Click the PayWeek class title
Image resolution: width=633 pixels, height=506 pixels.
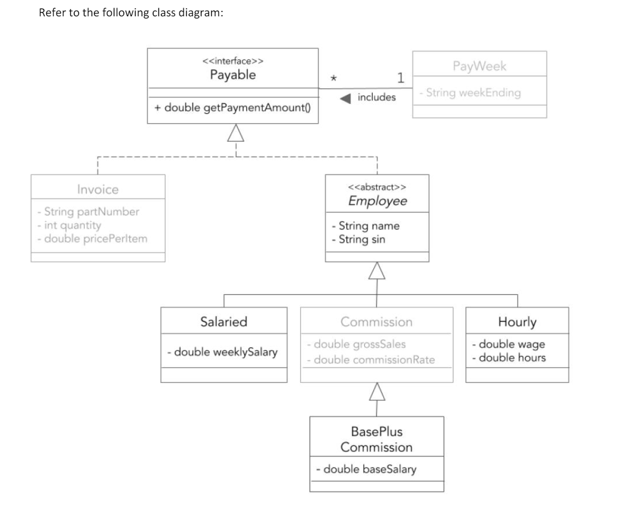(x=479, y=67)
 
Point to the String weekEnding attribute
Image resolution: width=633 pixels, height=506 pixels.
(x=470, y=93)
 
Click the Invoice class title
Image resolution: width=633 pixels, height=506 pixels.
(x=98, y=190)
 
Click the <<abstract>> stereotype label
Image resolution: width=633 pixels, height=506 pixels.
(x=377, y=187)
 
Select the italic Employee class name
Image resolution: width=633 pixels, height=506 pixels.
(x=377, y=200)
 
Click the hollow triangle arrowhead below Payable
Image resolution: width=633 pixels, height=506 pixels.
(x=236, y=132)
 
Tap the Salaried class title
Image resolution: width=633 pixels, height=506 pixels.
(x=224, y=321)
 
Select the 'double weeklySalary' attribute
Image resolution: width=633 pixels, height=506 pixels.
(x=223, y=351)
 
